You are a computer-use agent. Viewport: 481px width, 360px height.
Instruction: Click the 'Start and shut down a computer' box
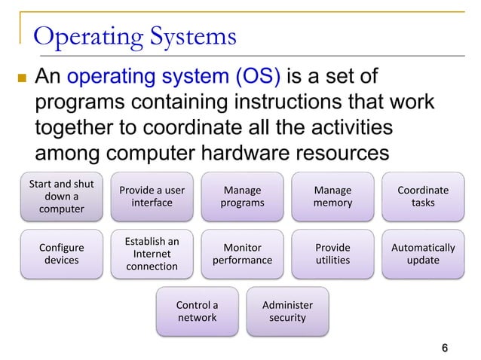coord(62,196)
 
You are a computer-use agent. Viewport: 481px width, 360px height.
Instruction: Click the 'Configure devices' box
coord(62,254)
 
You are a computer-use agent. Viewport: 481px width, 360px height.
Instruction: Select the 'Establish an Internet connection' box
coord(152,254)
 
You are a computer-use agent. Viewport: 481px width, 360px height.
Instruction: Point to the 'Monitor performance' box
coord(242,254)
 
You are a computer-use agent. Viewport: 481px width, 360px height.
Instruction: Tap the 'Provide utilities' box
coord(332,254)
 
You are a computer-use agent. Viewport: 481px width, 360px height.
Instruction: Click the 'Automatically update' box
coord(423,254)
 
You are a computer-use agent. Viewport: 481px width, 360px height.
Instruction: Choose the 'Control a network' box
coord(197,311)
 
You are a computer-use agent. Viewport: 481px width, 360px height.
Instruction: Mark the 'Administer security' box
coord(287,311)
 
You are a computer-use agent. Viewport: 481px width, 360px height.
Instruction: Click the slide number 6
coord(445,347)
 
